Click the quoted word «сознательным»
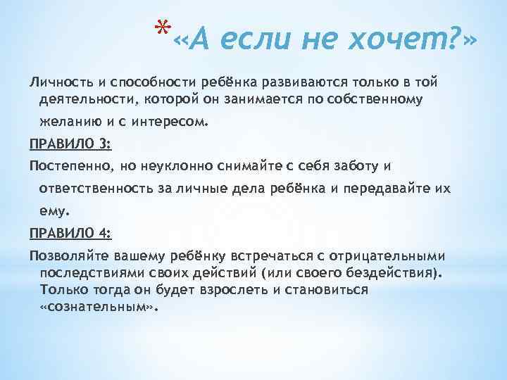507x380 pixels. point(99,307)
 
